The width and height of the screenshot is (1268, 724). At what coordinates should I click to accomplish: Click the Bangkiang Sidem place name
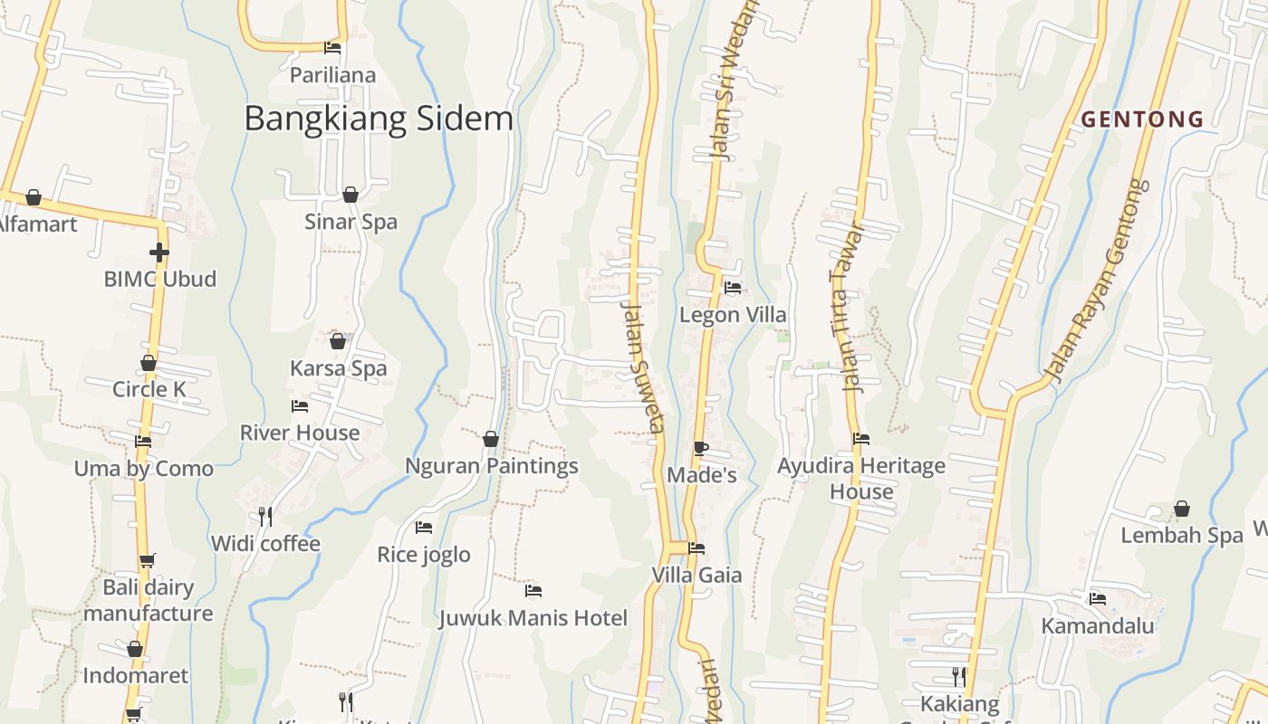click(x=379, y=119)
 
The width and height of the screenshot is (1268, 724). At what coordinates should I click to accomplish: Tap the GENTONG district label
click(x=1142, y=119)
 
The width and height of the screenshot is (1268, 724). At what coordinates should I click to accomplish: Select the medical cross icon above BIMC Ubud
click(x=159, y=252)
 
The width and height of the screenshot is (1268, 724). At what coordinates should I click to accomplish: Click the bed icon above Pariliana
click(x=332, y=48)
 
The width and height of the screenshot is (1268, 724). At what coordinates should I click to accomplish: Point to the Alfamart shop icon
click(x=34, y=197)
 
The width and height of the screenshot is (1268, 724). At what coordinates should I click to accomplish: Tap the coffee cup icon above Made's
click(x=700, y=448)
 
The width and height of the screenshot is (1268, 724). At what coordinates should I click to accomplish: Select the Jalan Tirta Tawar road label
click(x=846, y=308)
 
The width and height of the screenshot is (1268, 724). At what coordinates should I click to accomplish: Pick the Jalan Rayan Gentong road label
click(x=1097, y=281)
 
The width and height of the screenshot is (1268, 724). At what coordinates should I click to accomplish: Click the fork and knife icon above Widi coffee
click(x=265, y=516)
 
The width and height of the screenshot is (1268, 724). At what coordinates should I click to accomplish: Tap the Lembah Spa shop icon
click(x=1182, y=509)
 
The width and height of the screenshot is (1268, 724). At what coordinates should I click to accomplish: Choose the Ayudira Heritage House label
click(x=861, y=479)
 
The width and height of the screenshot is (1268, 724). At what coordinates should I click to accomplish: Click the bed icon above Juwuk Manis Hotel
click(x=533, y=591)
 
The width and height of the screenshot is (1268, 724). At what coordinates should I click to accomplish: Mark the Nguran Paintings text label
click(x=491, y=466)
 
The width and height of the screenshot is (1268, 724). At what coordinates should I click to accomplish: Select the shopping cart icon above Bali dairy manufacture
click(x=148, y=560)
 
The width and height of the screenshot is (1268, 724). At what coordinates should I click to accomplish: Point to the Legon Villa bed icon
click(x=733, y=288)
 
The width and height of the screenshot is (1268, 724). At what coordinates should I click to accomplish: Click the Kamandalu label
click(x=1097, y=625)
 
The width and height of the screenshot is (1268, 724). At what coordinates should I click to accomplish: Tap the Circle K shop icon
click(x=149, y=364)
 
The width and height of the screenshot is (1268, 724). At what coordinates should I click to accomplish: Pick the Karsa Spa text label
click(x=338, y=368)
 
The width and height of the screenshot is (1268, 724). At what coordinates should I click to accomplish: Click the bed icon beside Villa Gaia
click(x=696, y=548)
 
